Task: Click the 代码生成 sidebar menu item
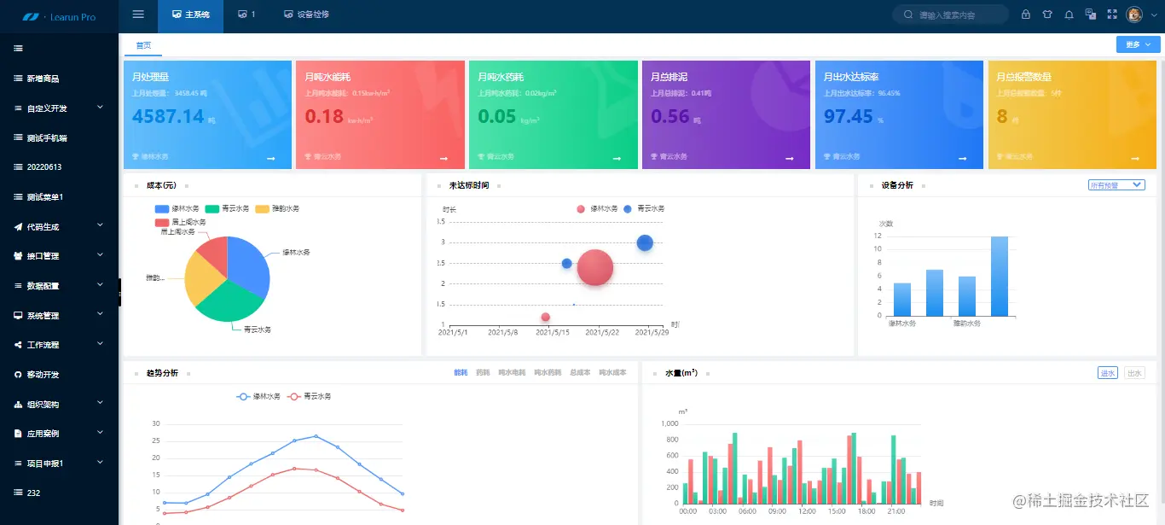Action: pos(43,227)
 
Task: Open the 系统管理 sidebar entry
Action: pos(43,316)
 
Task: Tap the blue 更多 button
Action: pos(1138,44)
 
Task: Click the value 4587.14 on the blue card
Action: pos(169,116)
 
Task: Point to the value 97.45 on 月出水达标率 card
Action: pos(849,116)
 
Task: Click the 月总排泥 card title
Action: pos(670,77)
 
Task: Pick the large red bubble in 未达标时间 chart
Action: pos(595,267)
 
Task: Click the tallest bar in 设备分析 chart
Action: pos(1000,275)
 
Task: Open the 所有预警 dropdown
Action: pos(1116,185)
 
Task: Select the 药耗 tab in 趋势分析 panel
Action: pos(483,373)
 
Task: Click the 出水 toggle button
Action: pos(1134,373)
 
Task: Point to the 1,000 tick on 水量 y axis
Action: pos(669,423)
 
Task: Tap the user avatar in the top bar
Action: pos(1134,15)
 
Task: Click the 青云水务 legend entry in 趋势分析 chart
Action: pos(310,397)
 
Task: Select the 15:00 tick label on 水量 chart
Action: pos(837,511)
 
